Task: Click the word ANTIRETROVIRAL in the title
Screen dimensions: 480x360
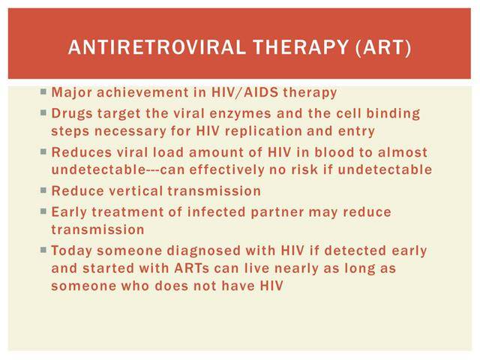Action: (157, 47)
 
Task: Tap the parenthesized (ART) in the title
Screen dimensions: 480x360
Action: (383, 47)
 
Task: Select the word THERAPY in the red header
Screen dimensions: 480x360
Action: (301, 47)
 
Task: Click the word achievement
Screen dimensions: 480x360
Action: (142, 92)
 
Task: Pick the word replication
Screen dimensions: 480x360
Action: (263, 131)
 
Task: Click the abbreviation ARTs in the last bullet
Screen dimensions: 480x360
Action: (192, 268)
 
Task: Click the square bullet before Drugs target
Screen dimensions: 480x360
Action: (43, 113)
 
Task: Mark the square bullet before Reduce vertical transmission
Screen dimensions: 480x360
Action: (43, 190)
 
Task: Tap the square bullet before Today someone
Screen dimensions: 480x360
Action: (43, 250)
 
